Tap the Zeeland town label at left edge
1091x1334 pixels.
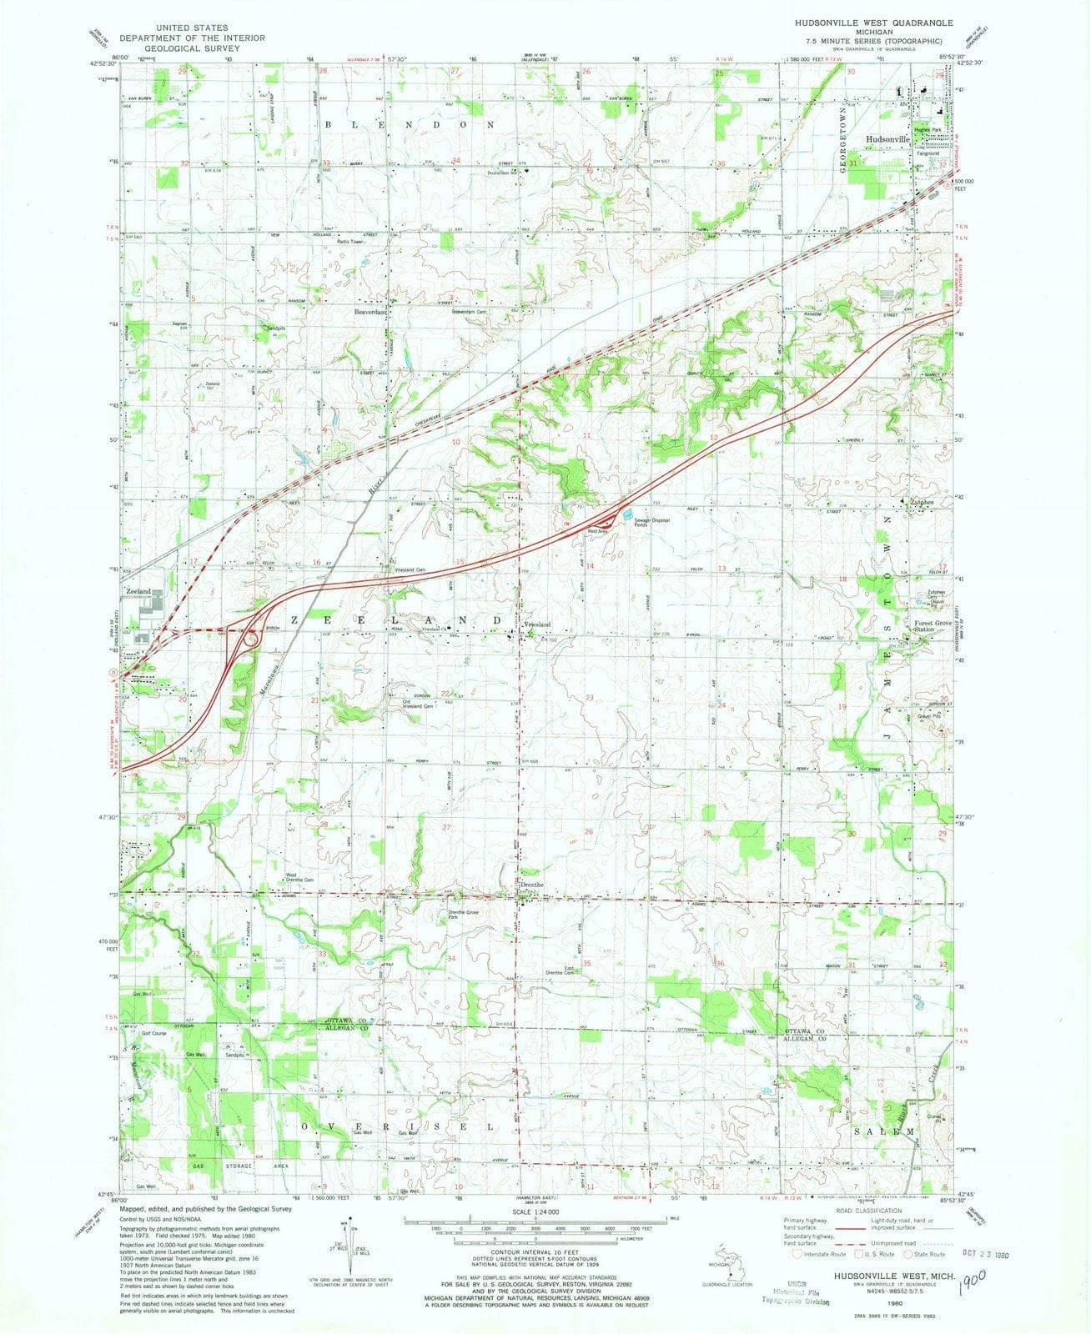pos(138,590)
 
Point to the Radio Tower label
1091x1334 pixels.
pos(350,242)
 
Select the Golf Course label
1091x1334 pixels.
pos(153,1033)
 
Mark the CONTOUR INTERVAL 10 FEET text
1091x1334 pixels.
pos(534,1258)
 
